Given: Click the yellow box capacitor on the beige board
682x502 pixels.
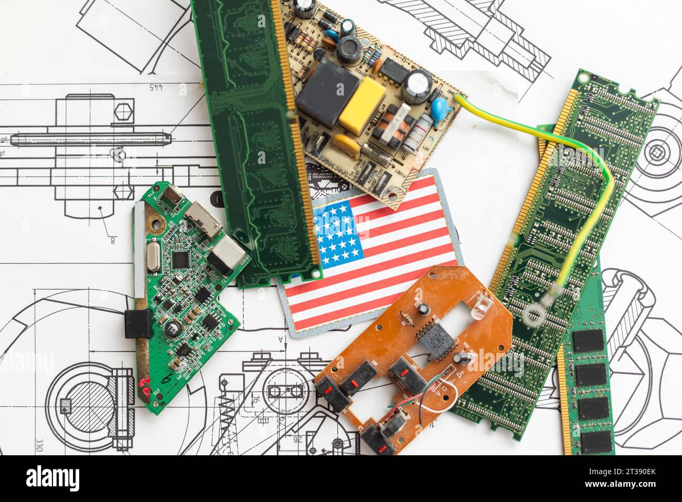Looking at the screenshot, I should (x=362, y=105).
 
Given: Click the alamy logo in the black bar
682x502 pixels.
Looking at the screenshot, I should (x=53, y=478).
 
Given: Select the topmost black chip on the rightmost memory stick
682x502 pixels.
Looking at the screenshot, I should (x=588, y=340).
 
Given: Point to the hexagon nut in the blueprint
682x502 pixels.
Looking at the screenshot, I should (x=124, y=112).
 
